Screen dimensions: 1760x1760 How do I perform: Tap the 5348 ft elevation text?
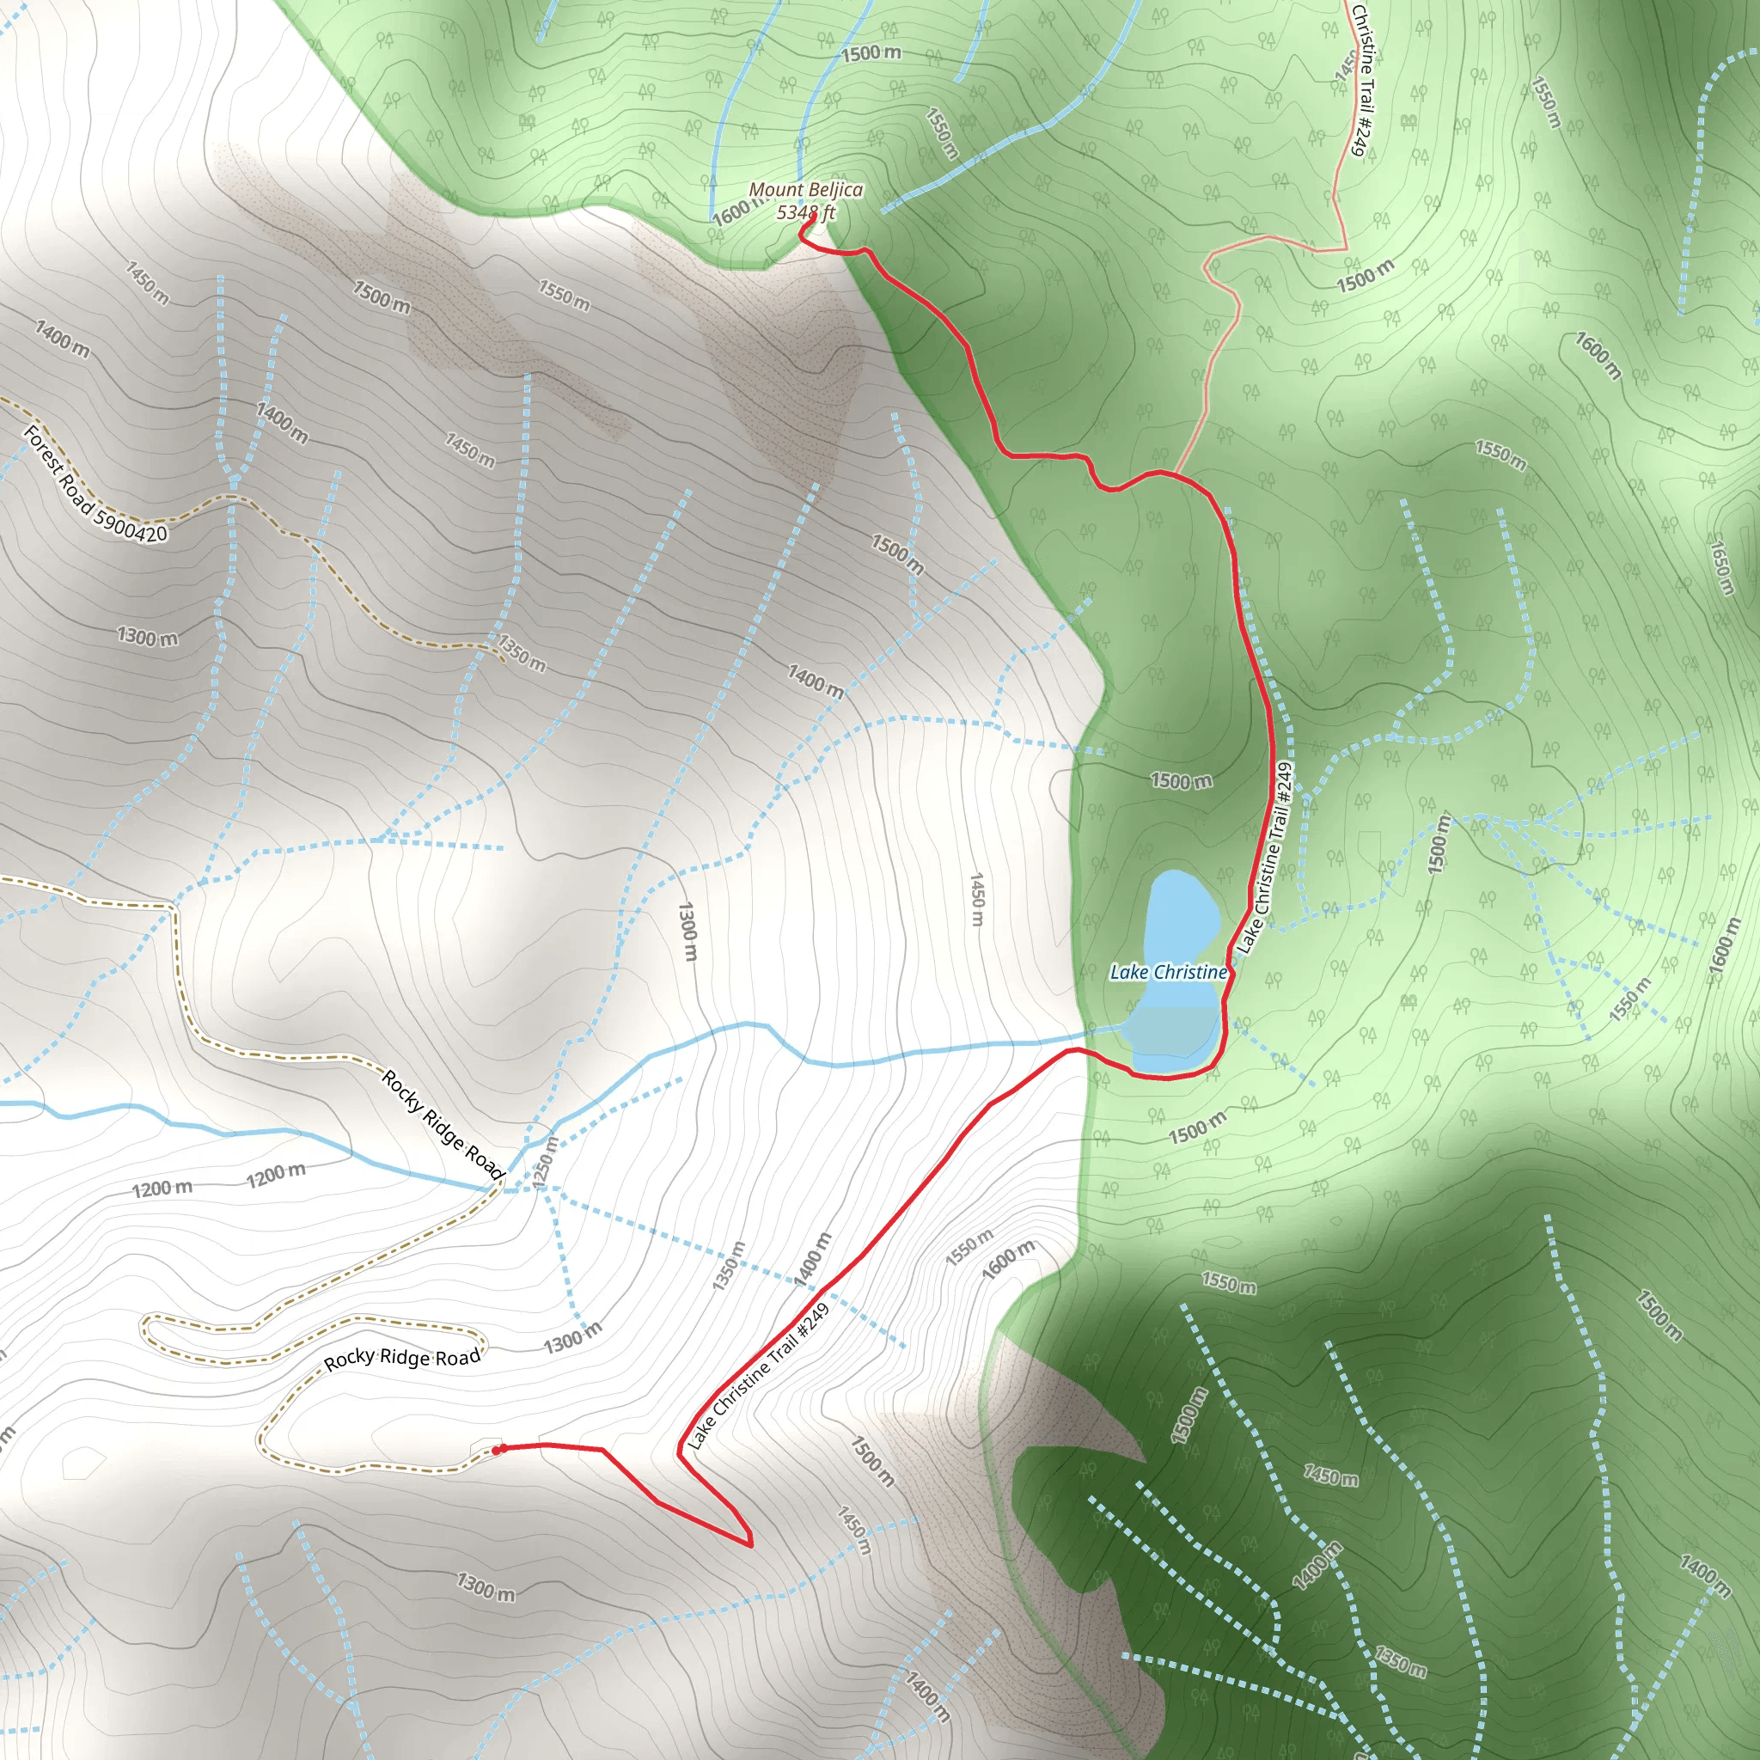(805, 213)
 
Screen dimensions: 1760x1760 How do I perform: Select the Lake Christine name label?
(1168, 972)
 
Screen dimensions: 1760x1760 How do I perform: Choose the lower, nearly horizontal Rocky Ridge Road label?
(401, 1359)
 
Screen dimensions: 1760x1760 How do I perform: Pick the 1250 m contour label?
(545, 1162)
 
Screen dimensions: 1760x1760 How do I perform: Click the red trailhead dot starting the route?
(497, 1450)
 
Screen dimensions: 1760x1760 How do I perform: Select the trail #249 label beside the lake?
(1266, 859)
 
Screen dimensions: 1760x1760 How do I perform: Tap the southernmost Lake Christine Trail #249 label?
(758, 1377)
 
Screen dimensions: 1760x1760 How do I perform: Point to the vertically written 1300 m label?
(687, 931)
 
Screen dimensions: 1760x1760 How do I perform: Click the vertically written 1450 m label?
(976, 899)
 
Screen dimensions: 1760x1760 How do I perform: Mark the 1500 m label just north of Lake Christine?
(1181, 780)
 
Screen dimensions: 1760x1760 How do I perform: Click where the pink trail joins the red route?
(1175, 474)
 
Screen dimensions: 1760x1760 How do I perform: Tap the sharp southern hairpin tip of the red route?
(749, 1545)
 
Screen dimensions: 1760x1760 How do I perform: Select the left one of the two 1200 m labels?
(162, 1189)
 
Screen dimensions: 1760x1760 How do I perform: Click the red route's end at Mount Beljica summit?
(810, 217)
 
